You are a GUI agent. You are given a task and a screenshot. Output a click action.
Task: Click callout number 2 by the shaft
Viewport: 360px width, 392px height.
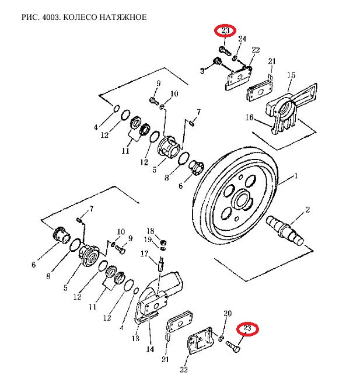point(307,209)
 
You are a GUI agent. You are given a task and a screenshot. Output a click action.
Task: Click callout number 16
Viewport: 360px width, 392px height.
point(249,117)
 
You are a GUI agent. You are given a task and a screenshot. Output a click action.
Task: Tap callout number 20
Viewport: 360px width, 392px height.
point(228,314)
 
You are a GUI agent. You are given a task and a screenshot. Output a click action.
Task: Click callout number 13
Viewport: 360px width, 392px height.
point(135,338)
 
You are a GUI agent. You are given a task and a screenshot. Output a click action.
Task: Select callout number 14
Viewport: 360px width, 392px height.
point(150,349)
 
